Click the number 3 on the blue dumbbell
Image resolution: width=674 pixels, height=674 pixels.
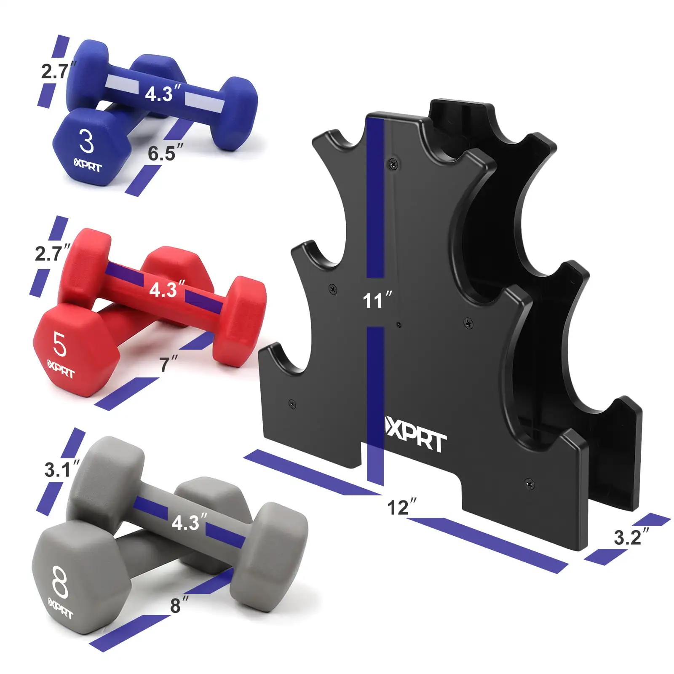[86, 142]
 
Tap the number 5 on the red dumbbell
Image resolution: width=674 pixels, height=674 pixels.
[60, 344]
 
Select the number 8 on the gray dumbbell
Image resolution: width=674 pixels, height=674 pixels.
[60, 582]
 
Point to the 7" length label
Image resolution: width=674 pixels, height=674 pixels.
[168, 364]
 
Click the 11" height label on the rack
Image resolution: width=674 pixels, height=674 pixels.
[377, 300]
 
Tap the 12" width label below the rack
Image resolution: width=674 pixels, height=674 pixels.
[402, 507]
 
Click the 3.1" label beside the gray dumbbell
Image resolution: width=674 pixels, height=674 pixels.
[62, 469]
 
